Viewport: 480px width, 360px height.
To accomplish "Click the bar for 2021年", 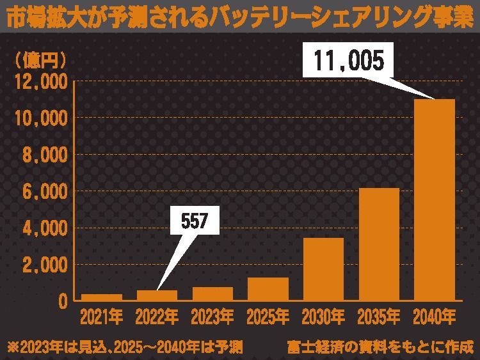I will click(x=101, y=297).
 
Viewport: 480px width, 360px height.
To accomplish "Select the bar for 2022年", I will click(x=157, y=295).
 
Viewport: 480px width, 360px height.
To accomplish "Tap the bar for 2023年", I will click(x=212, y=294).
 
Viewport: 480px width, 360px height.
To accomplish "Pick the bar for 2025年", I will click(x=268, y=289).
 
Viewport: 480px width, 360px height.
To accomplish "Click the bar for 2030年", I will click(x=323, y=269).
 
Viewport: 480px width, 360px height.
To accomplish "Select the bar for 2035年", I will click(x=379, y=244).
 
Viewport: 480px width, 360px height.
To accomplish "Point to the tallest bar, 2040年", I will click(x=435, y=200).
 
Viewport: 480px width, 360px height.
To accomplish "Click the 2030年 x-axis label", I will click(x=323, y=316).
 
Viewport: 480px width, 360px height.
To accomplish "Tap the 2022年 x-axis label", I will click(x=157, y=316).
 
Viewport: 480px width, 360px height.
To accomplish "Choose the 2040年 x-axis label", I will click(x=435, y=316).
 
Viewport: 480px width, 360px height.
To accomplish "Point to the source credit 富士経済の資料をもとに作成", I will click(x=381, y=347).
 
